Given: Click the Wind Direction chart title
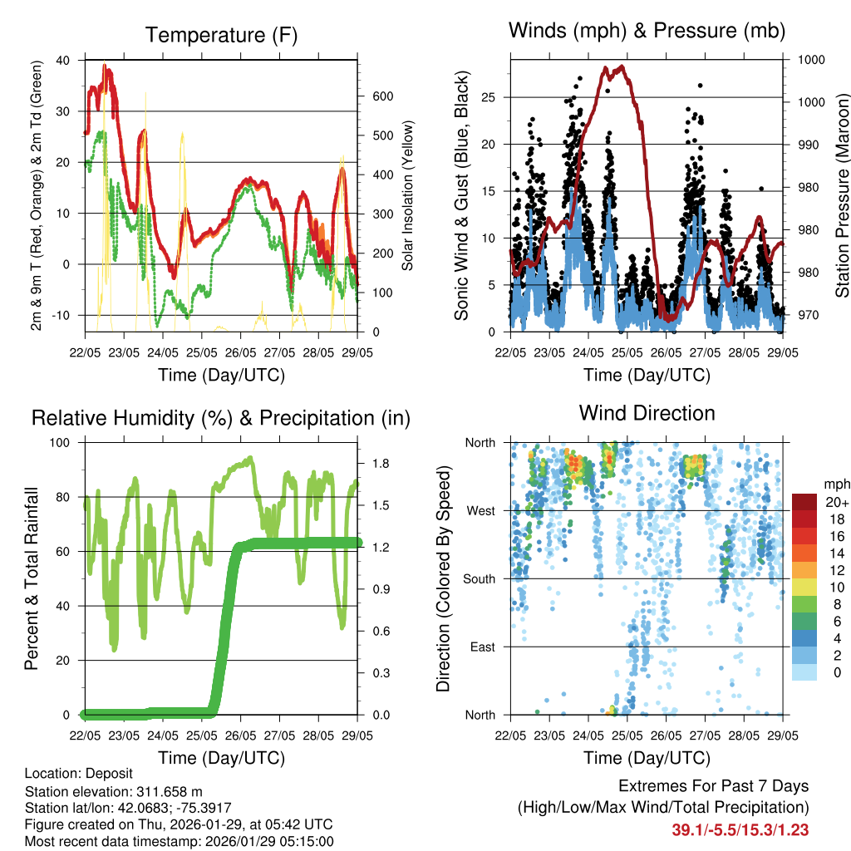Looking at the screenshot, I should (647, 413).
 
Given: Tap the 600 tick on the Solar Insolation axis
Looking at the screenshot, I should (382, 96).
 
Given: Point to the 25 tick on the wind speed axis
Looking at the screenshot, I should (494, 97).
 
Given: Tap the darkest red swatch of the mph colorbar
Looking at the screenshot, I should (804, 502).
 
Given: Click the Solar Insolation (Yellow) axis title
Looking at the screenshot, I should (408, 195).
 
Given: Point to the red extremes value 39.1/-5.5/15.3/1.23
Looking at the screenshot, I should (740, 829).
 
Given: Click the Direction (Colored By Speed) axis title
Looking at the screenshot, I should (443, 578).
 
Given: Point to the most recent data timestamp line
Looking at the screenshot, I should (180, 841).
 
